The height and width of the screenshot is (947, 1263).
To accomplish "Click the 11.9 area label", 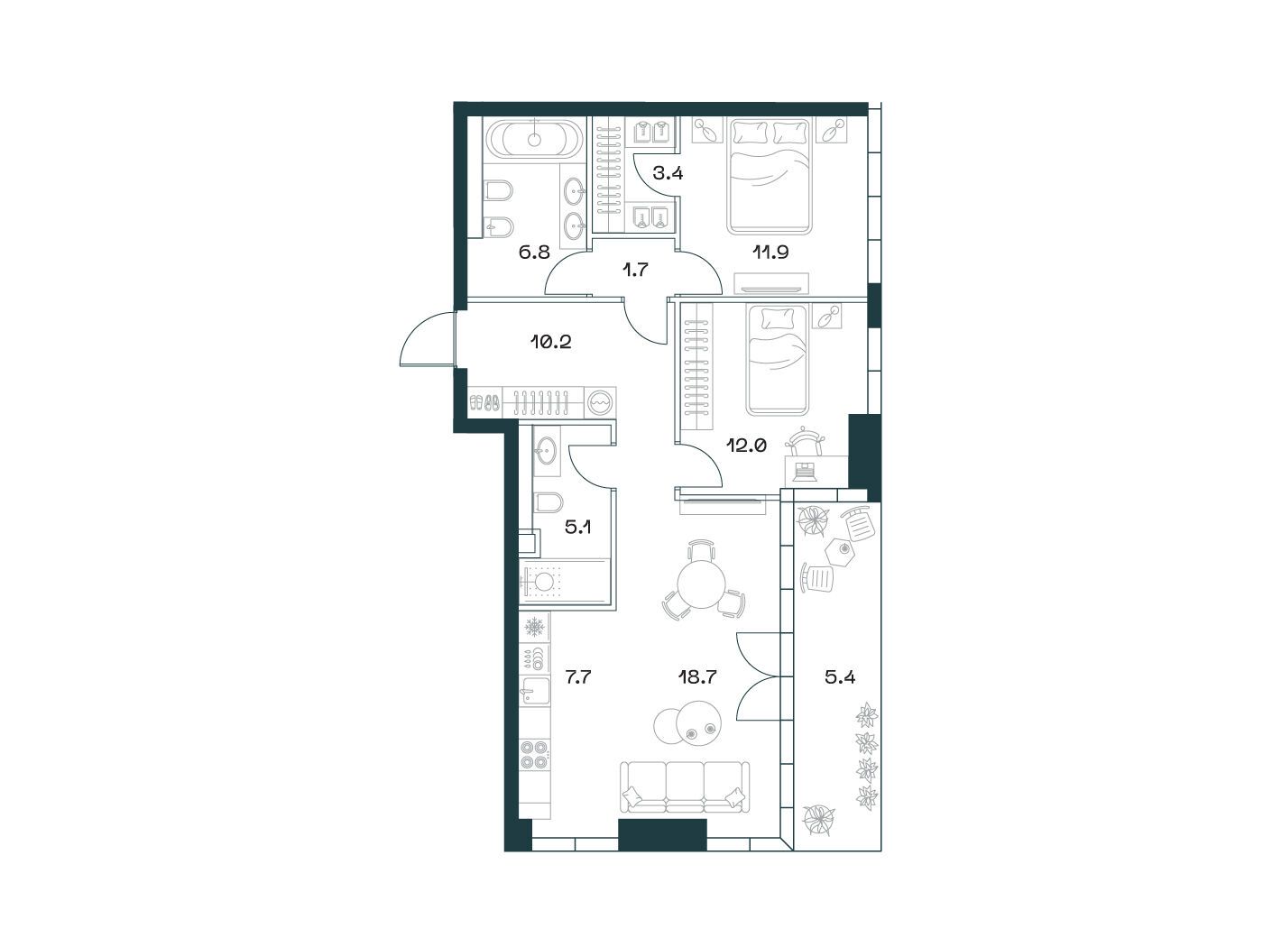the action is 770,252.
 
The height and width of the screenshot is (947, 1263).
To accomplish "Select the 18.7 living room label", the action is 696,677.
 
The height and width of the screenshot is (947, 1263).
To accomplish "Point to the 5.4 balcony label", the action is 840,677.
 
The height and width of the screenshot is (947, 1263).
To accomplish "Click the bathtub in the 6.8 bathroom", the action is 536,139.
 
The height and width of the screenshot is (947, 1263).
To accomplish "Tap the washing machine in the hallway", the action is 601,402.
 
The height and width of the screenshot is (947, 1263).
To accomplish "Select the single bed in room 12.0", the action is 777,359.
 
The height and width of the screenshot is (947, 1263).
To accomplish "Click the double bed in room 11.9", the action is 770,177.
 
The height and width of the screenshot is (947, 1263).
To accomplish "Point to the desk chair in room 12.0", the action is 807,442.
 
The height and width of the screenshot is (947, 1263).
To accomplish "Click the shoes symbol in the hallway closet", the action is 484,402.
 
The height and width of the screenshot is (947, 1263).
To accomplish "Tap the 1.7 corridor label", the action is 635,269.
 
